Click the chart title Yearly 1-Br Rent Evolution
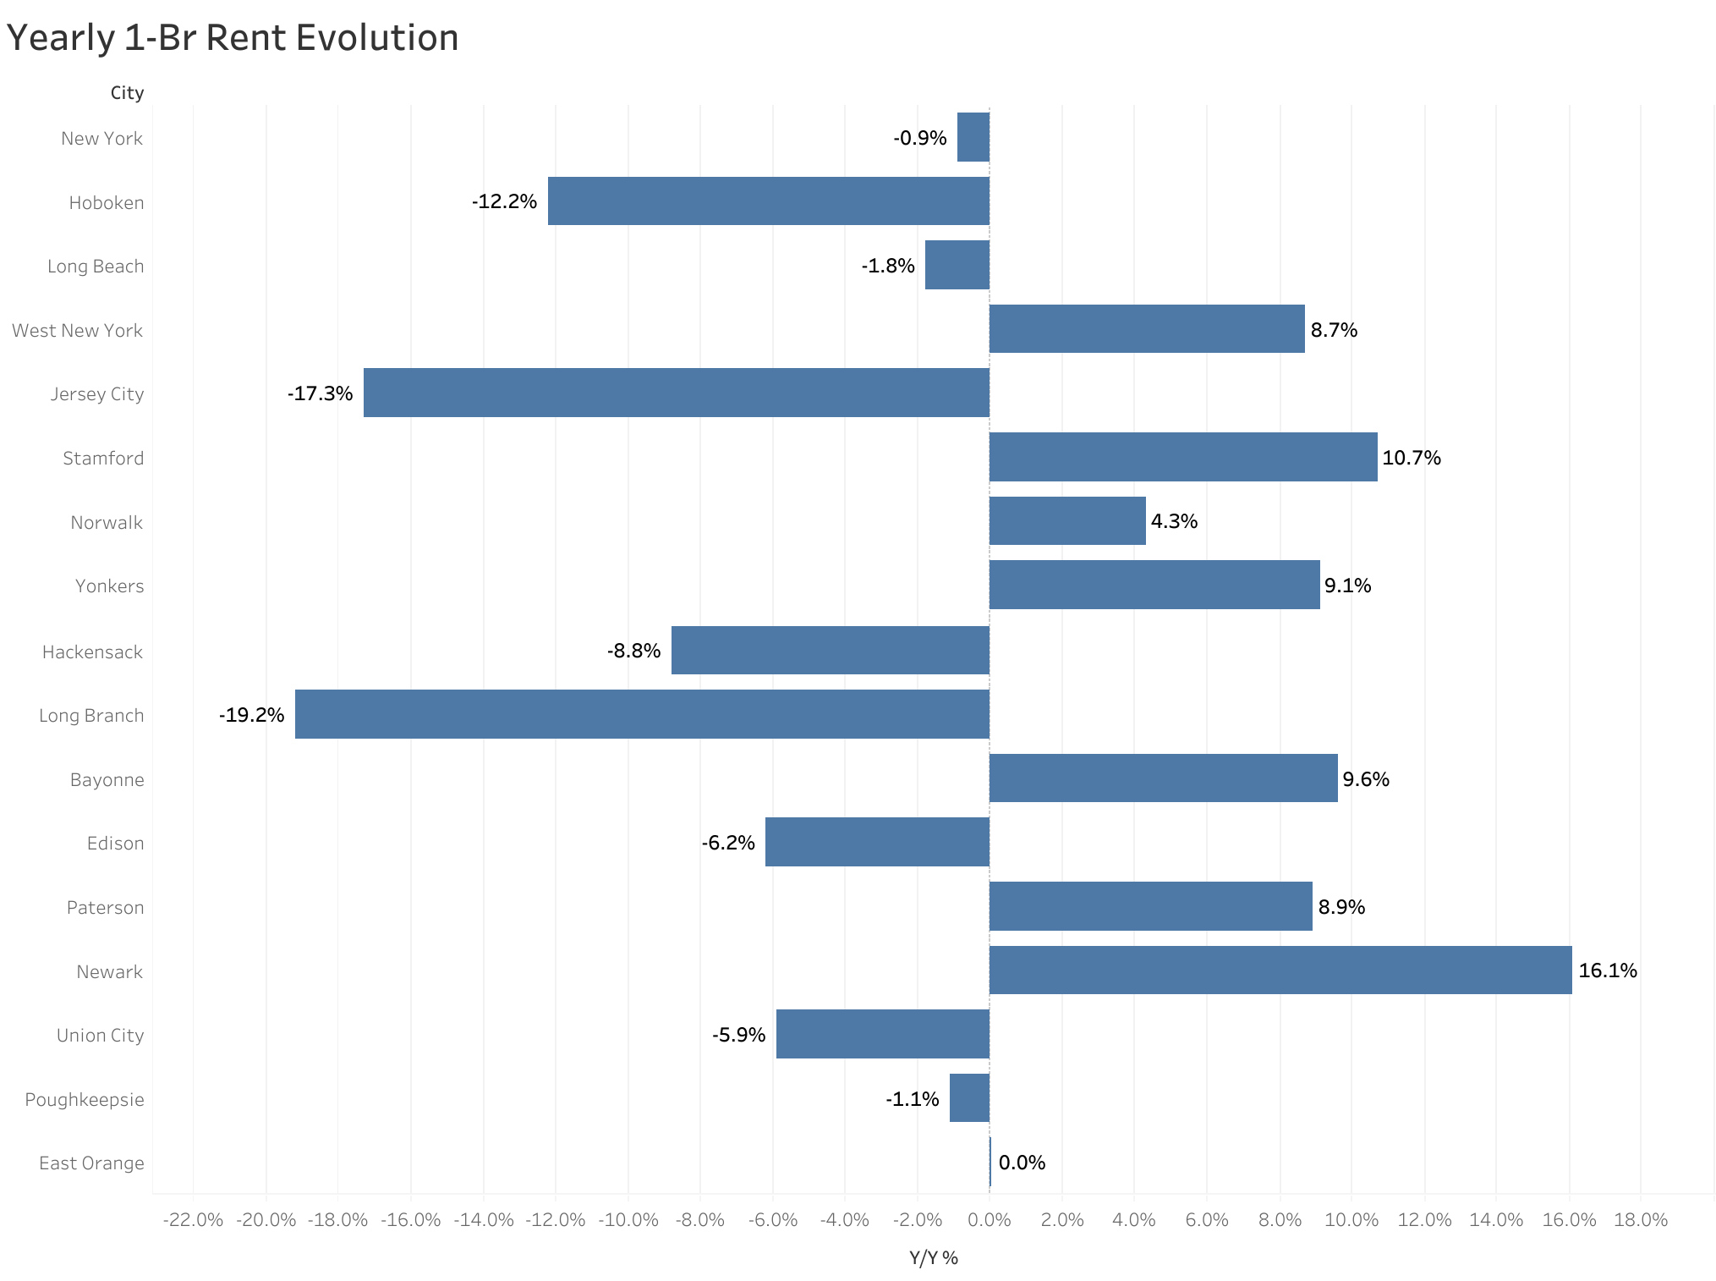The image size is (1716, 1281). tap(233, 38)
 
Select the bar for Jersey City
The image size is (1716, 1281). tap(676, 393)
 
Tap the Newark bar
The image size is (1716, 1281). tap(1280, 970)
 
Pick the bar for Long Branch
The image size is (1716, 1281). tap(642, 714)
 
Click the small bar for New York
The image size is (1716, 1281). tap(973, 137)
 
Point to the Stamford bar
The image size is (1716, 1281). tap(1182, 457)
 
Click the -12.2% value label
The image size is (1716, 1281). tap(505, 201)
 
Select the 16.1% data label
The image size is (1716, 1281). tap(1607, 970)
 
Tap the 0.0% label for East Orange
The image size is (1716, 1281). tap(1022, 1163)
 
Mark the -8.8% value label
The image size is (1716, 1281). tap(633, 651)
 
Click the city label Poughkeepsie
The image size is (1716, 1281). tap(85, 1099)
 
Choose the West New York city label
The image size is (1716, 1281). tap(77, 330)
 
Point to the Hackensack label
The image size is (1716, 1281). tap(92, 651)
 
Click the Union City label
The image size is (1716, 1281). tap(100, 1035)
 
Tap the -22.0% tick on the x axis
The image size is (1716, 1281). tap(193, 1220)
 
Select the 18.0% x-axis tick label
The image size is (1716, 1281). tap(1641, 1220)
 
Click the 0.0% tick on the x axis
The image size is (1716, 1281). tap(990, 1220)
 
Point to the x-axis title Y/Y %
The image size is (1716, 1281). tap(934, 1258)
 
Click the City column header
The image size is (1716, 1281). tap(127, 93)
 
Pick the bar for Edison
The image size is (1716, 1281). tap(877, 842)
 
